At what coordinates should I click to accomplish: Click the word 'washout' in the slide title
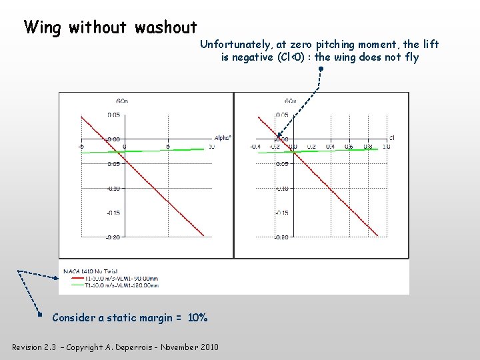(165, 27)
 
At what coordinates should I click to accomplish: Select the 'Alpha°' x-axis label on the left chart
(223, 138)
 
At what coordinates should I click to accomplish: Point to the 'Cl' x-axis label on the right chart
(392, 138)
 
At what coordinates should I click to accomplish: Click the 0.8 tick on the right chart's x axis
(368, 147)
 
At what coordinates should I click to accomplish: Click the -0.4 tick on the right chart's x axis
(255, 147)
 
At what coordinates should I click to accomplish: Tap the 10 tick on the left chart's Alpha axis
(211, 147)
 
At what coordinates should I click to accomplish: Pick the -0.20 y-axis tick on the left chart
(114, 237)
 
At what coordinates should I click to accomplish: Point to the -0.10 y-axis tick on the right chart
(282, 189)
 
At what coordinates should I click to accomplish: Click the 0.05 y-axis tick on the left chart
(114, 115)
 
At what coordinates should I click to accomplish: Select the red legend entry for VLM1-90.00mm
(120, 278)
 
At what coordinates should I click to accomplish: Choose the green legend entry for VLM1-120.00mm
(120, 285)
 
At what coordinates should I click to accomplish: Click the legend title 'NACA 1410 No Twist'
(91, 271)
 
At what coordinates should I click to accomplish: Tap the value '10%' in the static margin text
(197, 318)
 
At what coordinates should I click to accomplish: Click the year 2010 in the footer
(208, 347)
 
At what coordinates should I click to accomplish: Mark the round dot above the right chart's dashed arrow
(321, 68)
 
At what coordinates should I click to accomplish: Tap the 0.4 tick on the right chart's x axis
(330, 147)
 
